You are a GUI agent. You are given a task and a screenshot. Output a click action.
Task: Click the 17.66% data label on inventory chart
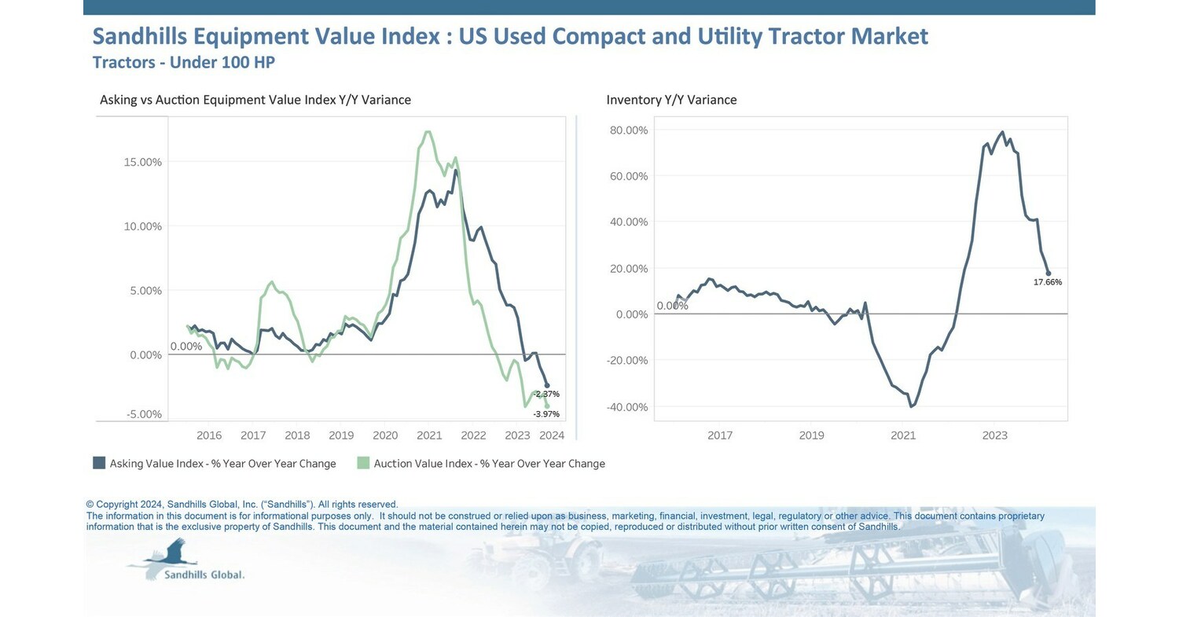coord(1047,282)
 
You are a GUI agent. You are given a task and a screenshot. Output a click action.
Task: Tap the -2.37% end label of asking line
coord(545,394)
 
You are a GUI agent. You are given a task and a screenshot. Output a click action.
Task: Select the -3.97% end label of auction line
coord(545,414)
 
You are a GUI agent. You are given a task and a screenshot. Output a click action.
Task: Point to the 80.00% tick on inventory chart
coord(628,130)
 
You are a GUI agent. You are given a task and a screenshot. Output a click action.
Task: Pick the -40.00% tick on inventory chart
coord(626,407)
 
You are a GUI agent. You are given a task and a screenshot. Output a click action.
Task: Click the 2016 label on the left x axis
coord(209,435)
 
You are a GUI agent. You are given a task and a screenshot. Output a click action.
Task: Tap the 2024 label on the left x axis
coord(553,435)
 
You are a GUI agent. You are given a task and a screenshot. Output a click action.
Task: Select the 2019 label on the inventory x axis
coord(811,435)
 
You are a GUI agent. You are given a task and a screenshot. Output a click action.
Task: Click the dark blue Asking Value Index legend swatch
coord(99,463)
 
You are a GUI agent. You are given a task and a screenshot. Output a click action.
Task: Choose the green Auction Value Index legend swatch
coord(362,463)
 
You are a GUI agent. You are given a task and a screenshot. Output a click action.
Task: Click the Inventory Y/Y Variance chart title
coord(671,100)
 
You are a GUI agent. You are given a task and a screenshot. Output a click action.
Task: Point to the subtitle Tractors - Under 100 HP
coord(183,62)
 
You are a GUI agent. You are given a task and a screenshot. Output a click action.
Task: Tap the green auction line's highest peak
coord(428,132)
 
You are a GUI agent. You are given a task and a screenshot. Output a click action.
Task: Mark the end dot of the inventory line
coord(1048,274)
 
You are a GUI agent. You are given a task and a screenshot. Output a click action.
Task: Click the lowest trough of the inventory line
coord(911,406)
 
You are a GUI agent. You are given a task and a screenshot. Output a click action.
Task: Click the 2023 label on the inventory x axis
coord(994,435)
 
